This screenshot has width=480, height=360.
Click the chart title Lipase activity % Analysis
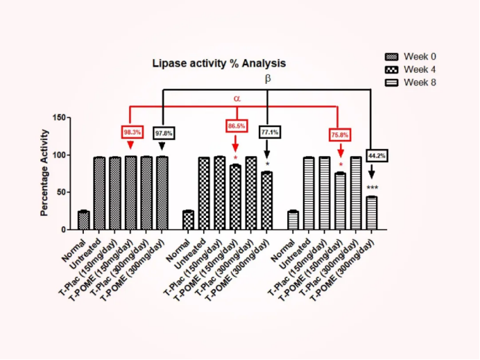(218, 63)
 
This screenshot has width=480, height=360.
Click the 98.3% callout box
(132, 131)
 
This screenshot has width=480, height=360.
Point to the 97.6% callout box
(164, 132)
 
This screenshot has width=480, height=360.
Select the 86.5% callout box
(236, 126)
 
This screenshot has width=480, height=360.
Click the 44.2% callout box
(377, 155)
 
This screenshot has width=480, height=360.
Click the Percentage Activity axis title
(45, 172)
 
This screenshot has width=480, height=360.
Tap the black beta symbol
(268, 79)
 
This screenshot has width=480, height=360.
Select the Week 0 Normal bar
(84, 220)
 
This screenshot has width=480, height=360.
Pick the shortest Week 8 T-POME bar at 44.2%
(372, 213)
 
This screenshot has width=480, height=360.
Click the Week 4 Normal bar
(188, 220)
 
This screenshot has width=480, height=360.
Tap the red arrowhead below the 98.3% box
(130, 145)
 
